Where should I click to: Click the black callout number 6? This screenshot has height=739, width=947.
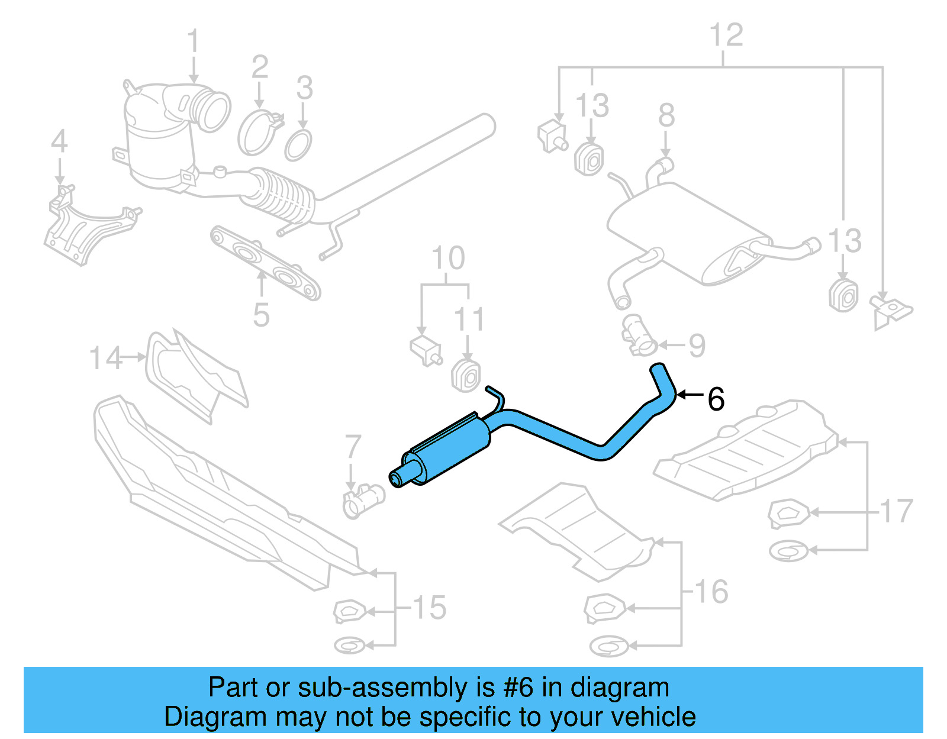(x=716, y=399)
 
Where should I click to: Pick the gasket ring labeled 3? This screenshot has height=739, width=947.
(x=298, y=146)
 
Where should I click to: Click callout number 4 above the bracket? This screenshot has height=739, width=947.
(x=59, y=141)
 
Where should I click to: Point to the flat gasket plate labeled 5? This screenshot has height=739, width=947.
(x=266, y=261)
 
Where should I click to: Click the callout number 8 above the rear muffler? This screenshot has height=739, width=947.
(x=666, y=115)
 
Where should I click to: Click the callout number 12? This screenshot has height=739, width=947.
(x=726, y=35)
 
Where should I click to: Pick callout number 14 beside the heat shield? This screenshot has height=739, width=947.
(x=105, y=358)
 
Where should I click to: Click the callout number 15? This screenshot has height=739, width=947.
(x=429, y=608)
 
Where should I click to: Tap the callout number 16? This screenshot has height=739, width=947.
(x=711, y=591)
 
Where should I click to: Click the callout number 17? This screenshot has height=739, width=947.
(x=897, y=511)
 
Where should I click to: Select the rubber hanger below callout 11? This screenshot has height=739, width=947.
(x=466, y=375)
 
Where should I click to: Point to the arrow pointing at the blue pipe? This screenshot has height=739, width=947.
(x=690, y=395)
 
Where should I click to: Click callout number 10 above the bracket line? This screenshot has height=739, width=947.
(x=448, y=258)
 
